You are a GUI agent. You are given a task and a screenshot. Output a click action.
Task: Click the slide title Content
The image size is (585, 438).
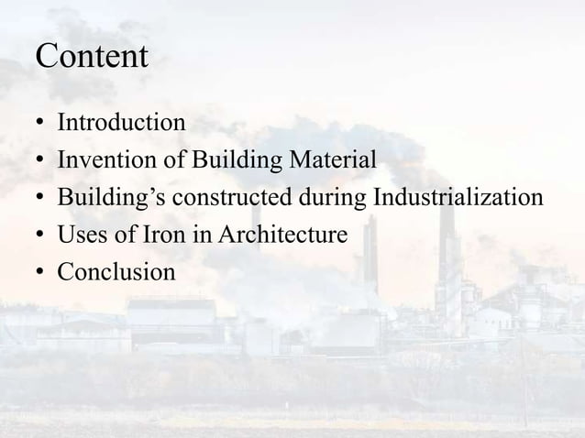(91, 57)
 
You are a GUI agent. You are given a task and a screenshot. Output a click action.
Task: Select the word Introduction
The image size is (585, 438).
(121, 122)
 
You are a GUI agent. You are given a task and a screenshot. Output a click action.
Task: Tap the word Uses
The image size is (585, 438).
(79, 235)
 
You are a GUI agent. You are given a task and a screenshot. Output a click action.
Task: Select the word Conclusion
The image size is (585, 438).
(116, 273)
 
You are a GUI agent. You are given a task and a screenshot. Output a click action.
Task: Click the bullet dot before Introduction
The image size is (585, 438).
(40, 123)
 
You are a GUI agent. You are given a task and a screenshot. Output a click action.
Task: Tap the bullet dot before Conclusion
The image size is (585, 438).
(40, 274)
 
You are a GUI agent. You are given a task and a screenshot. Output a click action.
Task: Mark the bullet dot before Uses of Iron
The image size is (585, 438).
(40, 236)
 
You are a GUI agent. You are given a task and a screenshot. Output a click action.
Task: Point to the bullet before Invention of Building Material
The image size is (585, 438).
(40, 160)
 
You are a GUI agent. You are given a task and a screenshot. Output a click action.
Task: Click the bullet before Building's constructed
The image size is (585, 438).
(40, 199)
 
